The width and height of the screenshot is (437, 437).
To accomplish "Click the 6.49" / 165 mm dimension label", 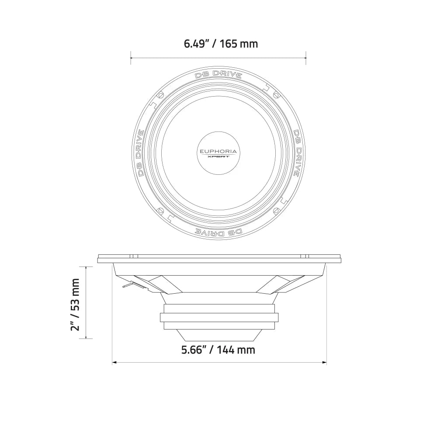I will click(x=221, y=44).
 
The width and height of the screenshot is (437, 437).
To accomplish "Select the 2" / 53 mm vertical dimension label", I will click(x=76, y=304).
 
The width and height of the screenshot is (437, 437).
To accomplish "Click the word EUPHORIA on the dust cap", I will click(x=218, y=152).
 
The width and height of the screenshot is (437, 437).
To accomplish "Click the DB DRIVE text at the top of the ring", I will click(x=218, y=74).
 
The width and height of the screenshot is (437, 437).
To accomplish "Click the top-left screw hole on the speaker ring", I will click(x=160, y=95).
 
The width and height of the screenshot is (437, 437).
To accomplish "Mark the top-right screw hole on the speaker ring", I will click(x=276, y=95).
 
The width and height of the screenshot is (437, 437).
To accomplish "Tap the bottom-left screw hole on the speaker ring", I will click(x=160, y=211).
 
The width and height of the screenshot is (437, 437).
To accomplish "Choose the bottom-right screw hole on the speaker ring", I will click(x=276, y=211).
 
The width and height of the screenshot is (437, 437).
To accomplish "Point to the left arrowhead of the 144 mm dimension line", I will click(x=114, y=362).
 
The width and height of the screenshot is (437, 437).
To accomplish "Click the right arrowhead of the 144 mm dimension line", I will click(x=325, y=362).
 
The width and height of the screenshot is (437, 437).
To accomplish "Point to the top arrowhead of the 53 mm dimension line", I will click(x=86, y=267).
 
